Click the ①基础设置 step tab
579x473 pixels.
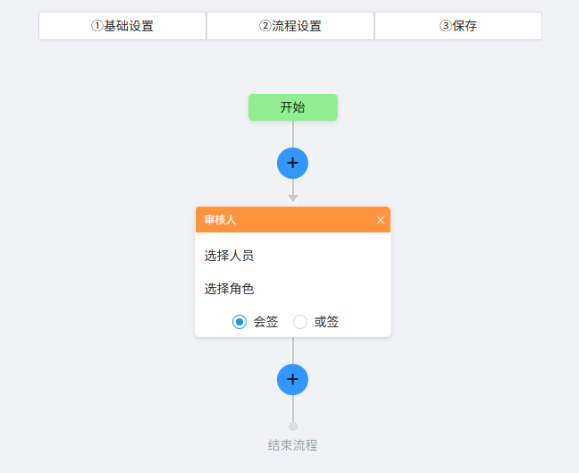122,26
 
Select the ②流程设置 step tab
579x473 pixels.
290,26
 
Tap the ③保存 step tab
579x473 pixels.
458,26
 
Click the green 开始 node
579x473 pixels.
293,107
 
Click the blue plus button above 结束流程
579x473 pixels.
293,379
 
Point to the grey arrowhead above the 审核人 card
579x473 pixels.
293,198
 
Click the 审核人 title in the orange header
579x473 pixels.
220,220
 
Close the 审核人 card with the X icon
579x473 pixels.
381,220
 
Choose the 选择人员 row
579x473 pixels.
229,256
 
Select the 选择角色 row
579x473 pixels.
229,289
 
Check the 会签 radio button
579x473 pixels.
239,322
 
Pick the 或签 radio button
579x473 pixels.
300,322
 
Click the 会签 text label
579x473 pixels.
265,322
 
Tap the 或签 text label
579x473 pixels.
326,322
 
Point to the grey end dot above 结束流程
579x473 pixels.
293,427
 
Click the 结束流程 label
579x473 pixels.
293,445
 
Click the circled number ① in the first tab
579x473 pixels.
97,26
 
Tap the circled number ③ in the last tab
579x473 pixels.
446,26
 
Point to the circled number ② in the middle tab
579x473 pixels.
265,26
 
